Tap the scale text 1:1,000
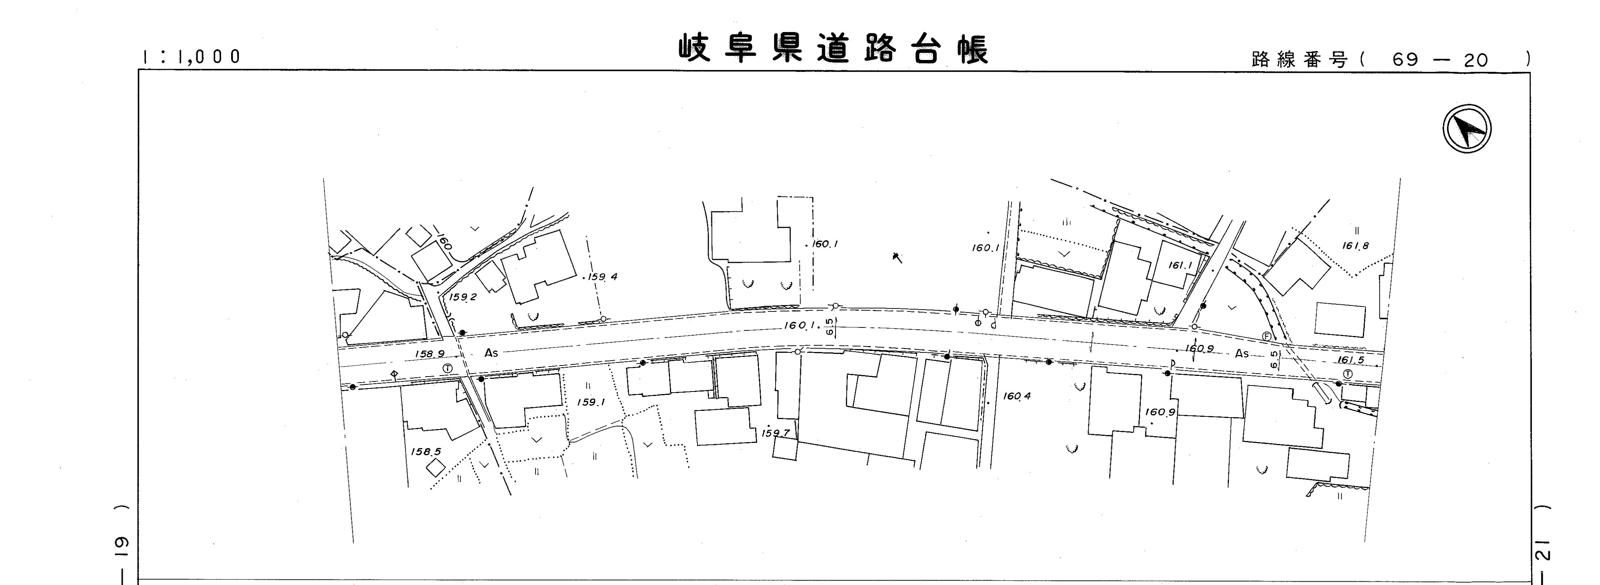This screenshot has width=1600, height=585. click(x=191, y=57)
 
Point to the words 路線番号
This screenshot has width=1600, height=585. click(x=1299, y=60)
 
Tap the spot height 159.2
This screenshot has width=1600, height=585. click(x=463, y=297)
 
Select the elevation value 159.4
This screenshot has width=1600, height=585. click(x=603, y=276)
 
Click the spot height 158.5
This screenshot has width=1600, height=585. click(x=425, y=451)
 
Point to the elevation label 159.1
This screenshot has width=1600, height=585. click(x=591, y=402)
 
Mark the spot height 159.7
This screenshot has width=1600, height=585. click(x=776, y=433)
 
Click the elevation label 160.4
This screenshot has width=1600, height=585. click(x=1016, y=396)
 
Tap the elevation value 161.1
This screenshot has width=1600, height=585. click(x=1180, y=265)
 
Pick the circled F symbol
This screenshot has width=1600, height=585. click(x=1267, y=336)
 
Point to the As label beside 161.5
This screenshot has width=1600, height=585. click(x=1242, y=354)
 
